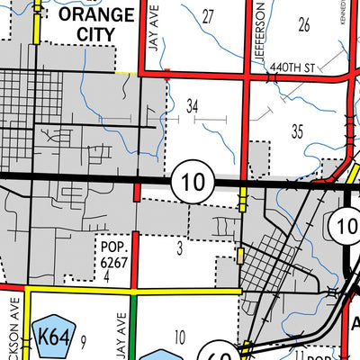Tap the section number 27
(x=209, y=16)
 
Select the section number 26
(x=303, y=24)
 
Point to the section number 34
(x=192, y=107)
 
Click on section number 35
(x=297, y=131)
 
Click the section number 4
(x=107, y=276)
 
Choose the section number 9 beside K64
(x=82, y=340)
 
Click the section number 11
(x=298, y=355)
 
